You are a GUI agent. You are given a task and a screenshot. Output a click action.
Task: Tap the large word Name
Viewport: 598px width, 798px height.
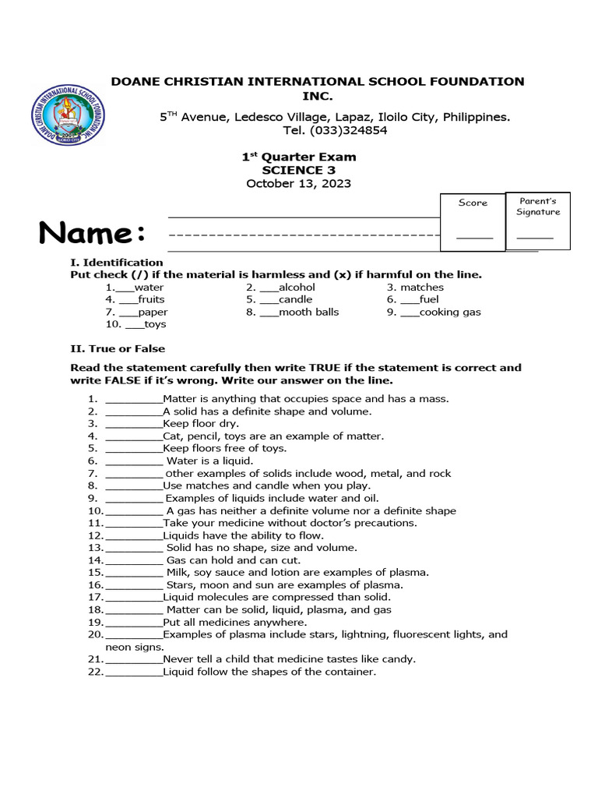coord(92,232)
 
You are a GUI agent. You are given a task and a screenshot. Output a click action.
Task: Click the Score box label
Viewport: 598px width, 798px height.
coord(473,203)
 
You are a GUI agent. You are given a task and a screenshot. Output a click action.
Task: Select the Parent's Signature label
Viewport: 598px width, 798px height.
coord(537,207)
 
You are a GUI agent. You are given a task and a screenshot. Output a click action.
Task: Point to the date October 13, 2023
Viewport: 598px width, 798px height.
coord(298,184)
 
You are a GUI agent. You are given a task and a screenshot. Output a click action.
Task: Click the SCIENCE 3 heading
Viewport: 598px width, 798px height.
coord(298,170)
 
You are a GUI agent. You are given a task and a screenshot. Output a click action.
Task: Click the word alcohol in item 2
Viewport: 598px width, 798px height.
coord(297,287)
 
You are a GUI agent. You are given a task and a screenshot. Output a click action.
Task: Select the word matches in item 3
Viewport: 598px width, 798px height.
coord(422,287)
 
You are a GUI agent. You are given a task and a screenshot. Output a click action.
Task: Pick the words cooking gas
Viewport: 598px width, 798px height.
coord(450,312)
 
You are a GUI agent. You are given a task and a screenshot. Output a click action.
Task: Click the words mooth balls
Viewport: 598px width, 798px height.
coord(309,312)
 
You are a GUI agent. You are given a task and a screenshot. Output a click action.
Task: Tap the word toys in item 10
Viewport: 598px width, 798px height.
coord(155,324)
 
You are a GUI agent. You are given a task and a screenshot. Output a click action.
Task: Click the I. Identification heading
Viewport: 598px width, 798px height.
coord(116,262)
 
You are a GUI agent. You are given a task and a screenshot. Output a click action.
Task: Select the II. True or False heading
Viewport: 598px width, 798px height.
coord(118,348)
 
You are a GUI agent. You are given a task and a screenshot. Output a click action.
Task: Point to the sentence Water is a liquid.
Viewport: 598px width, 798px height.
coord(209,461)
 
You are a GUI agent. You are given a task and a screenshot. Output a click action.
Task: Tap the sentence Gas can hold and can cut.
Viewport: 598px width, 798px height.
coord(233,560)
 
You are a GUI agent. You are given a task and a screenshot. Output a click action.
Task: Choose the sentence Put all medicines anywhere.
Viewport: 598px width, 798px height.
coord(234,623)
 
